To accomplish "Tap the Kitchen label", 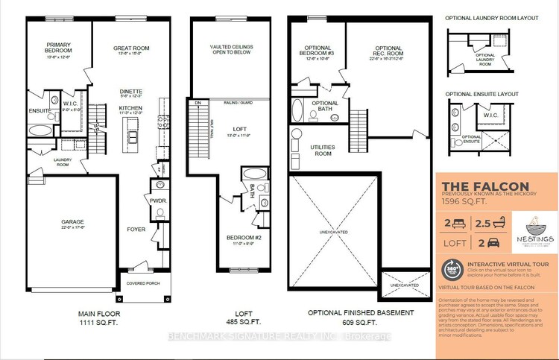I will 130,109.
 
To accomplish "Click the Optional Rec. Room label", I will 388,51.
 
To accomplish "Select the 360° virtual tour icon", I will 452,269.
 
